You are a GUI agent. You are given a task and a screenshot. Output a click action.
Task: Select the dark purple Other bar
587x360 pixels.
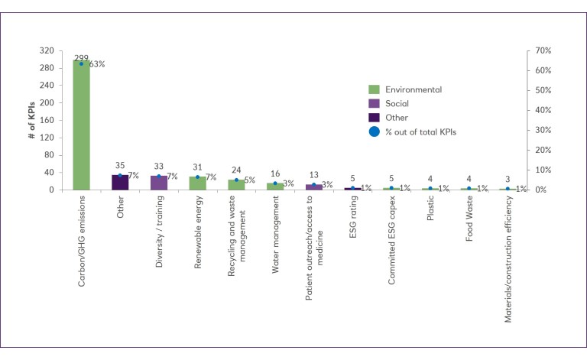pyautogui.click(x=120, y=182)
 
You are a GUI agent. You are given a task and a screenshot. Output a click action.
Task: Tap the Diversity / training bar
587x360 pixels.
pyautogui.click(x=159, y=183)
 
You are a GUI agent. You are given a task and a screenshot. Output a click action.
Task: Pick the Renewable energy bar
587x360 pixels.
pyautogui.click(x=197, y=183)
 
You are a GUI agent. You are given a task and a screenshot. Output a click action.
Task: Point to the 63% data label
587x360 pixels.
pyautogui.click(x=97, y=64)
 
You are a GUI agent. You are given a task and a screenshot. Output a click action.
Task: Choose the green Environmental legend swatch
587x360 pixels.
pyautogui.click(x=374, y=89)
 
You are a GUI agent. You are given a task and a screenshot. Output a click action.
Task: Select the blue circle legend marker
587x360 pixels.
pyautogui.click(x=374, y=131)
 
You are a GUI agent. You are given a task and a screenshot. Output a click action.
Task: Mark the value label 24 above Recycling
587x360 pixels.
pyautogui.click(x=236, y=170)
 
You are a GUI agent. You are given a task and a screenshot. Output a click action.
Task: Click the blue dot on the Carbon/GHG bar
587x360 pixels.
pyautogui.click(x=81, y=63)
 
